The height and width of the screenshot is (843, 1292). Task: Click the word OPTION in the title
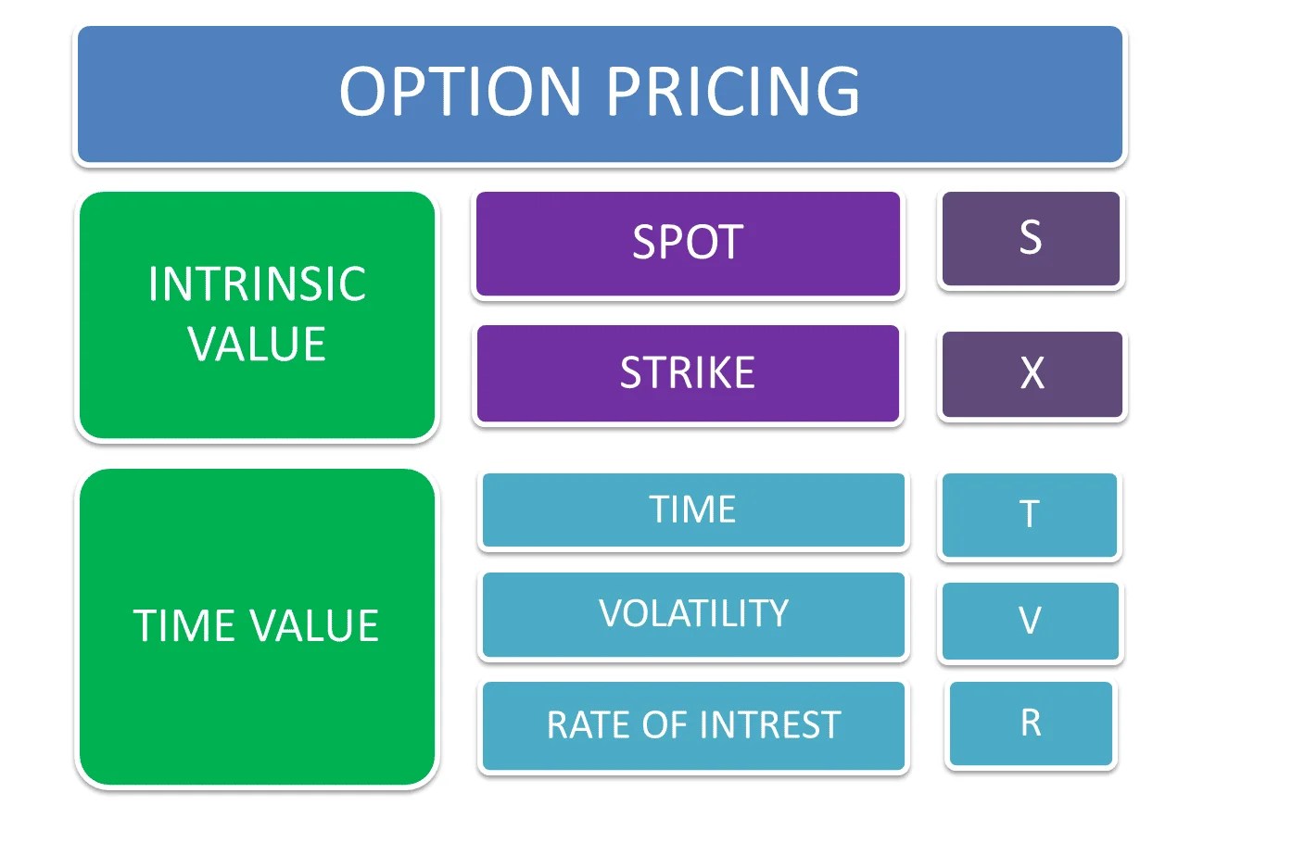pyautogui.click(x=460, y=92)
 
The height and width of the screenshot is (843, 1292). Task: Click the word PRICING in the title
pyautogui.click(x=733, y=92)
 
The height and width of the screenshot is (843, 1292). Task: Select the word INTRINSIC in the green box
pyautogui.click(x=257, y=283)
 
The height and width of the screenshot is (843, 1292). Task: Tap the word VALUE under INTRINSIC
pyautogui.click(x=257, y=344)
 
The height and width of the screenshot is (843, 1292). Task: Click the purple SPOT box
pyautogui.click(x=688, y=244)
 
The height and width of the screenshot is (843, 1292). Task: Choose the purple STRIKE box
pyautogui.click(x=688, y=373)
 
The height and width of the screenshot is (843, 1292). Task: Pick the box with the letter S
pyautogui.click(x=1031, y=239)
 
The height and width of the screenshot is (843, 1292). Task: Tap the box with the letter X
pyautogui.click(x=1032, y=374)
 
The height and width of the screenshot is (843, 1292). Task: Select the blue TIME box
pyautogui.click(x=693, y=510)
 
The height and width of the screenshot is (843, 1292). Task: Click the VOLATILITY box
pyautogui.click(x=693, y=614)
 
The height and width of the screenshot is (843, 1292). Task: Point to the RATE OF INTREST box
pyautogui.click(x=693, y=725)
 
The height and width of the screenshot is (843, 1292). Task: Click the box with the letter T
pyautogui.click(x=1029, y=515)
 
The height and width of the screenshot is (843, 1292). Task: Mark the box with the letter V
pyautogui.click(x=1030, y=621)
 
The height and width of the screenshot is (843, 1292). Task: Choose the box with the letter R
pyautogui.click(x=1031, y=723)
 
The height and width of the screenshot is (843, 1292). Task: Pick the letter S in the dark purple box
pyautogui.click(x=1031, y=237)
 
